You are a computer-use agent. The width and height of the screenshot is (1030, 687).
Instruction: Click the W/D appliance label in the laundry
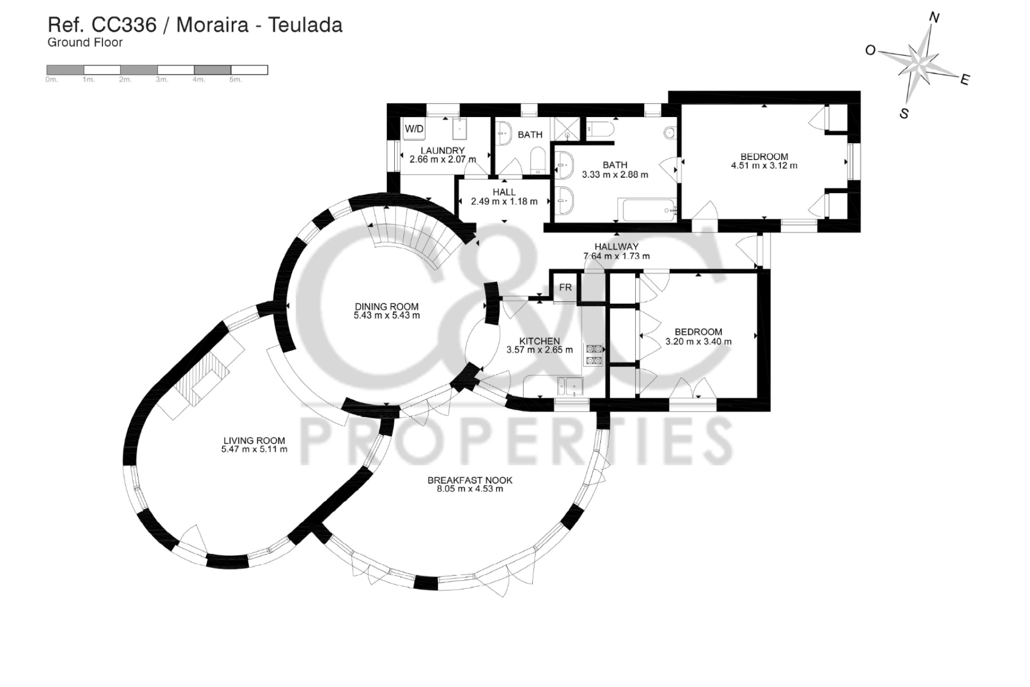414,129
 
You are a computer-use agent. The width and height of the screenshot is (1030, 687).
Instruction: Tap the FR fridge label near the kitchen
565,288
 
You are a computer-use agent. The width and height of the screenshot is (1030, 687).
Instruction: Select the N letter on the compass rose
934,18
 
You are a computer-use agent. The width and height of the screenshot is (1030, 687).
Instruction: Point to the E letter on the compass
965,81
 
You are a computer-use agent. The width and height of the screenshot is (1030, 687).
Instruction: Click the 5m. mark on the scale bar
236,79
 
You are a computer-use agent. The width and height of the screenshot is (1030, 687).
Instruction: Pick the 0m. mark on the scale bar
51,79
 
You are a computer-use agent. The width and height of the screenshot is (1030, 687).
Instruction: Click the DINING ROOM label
386,306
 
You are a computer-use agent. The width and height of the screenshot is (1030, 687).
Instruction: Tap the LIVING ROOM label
254,441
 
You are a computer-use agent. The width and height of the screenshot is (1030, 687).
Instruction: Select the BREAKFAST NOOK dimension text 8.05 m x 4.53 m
469,489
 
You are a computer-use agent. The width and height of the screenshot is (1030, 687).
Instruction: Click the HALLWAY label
616,247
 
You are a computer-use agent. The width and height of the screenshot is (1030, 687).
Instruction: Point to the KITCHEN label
540,341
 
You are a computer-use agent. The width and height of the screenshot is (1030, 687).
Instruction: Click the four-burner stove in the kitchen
594,355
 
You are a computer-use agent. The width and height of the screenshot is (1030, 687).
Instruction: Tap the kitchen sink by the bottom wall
570,386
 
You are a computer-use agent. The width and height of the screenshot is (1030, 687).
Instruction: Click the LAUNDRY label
443,150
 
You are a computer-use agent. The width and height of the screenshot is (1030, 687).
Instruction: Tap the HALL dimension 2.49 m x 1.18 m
504,202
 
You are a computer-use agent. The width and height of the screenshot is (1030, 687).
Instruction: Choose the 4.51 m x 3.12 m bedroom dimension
764,166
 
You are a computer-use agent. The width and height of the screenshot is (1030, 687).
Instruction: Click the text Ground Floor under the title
85,42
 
